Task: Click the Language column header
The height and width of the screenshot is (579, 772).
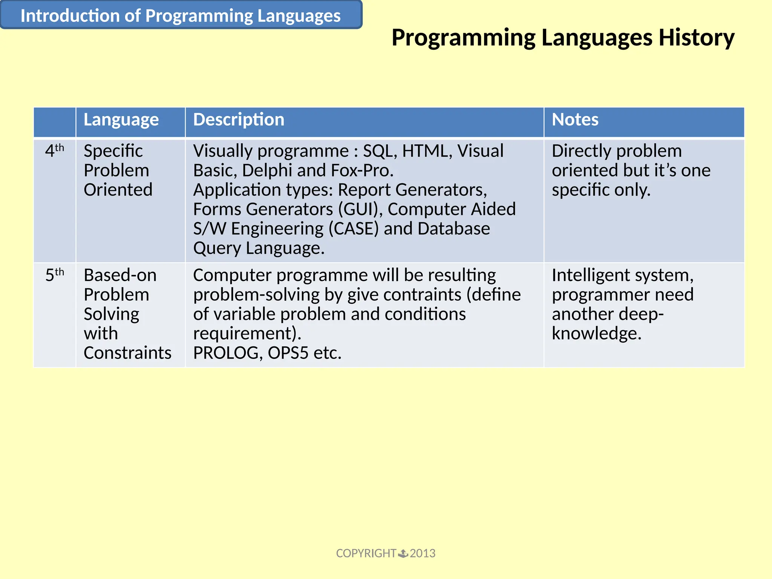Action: pyautogui.click(x=121, y=120)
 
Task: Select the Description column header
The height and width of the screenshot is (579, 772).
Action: pyautogui.click(x=239, y=120)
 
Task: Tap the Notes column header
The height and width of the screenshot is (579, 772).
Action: pyautogui.click(x=575, y=120)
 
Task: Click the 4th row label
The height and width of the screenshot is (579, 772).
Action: pyautogui.click(x=55, y=151)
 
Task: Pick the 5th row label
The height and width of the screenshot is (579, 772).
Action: pyautogui.click(x=55, y=275)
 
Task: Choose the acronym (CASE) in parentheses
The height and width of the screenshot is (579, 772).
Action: pyautogui.click(x=353, y=229)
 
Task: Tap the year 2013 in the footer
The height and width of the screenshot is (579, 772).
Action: pyautogui.click(x=423, y=553)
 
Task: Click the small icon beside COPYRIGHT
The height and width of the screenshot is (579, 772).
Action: pyautogui.click(x=403, y=553)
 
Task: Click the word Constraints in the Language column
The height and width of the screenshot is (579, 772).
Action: pyautogui.click(x=127, y=353)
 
